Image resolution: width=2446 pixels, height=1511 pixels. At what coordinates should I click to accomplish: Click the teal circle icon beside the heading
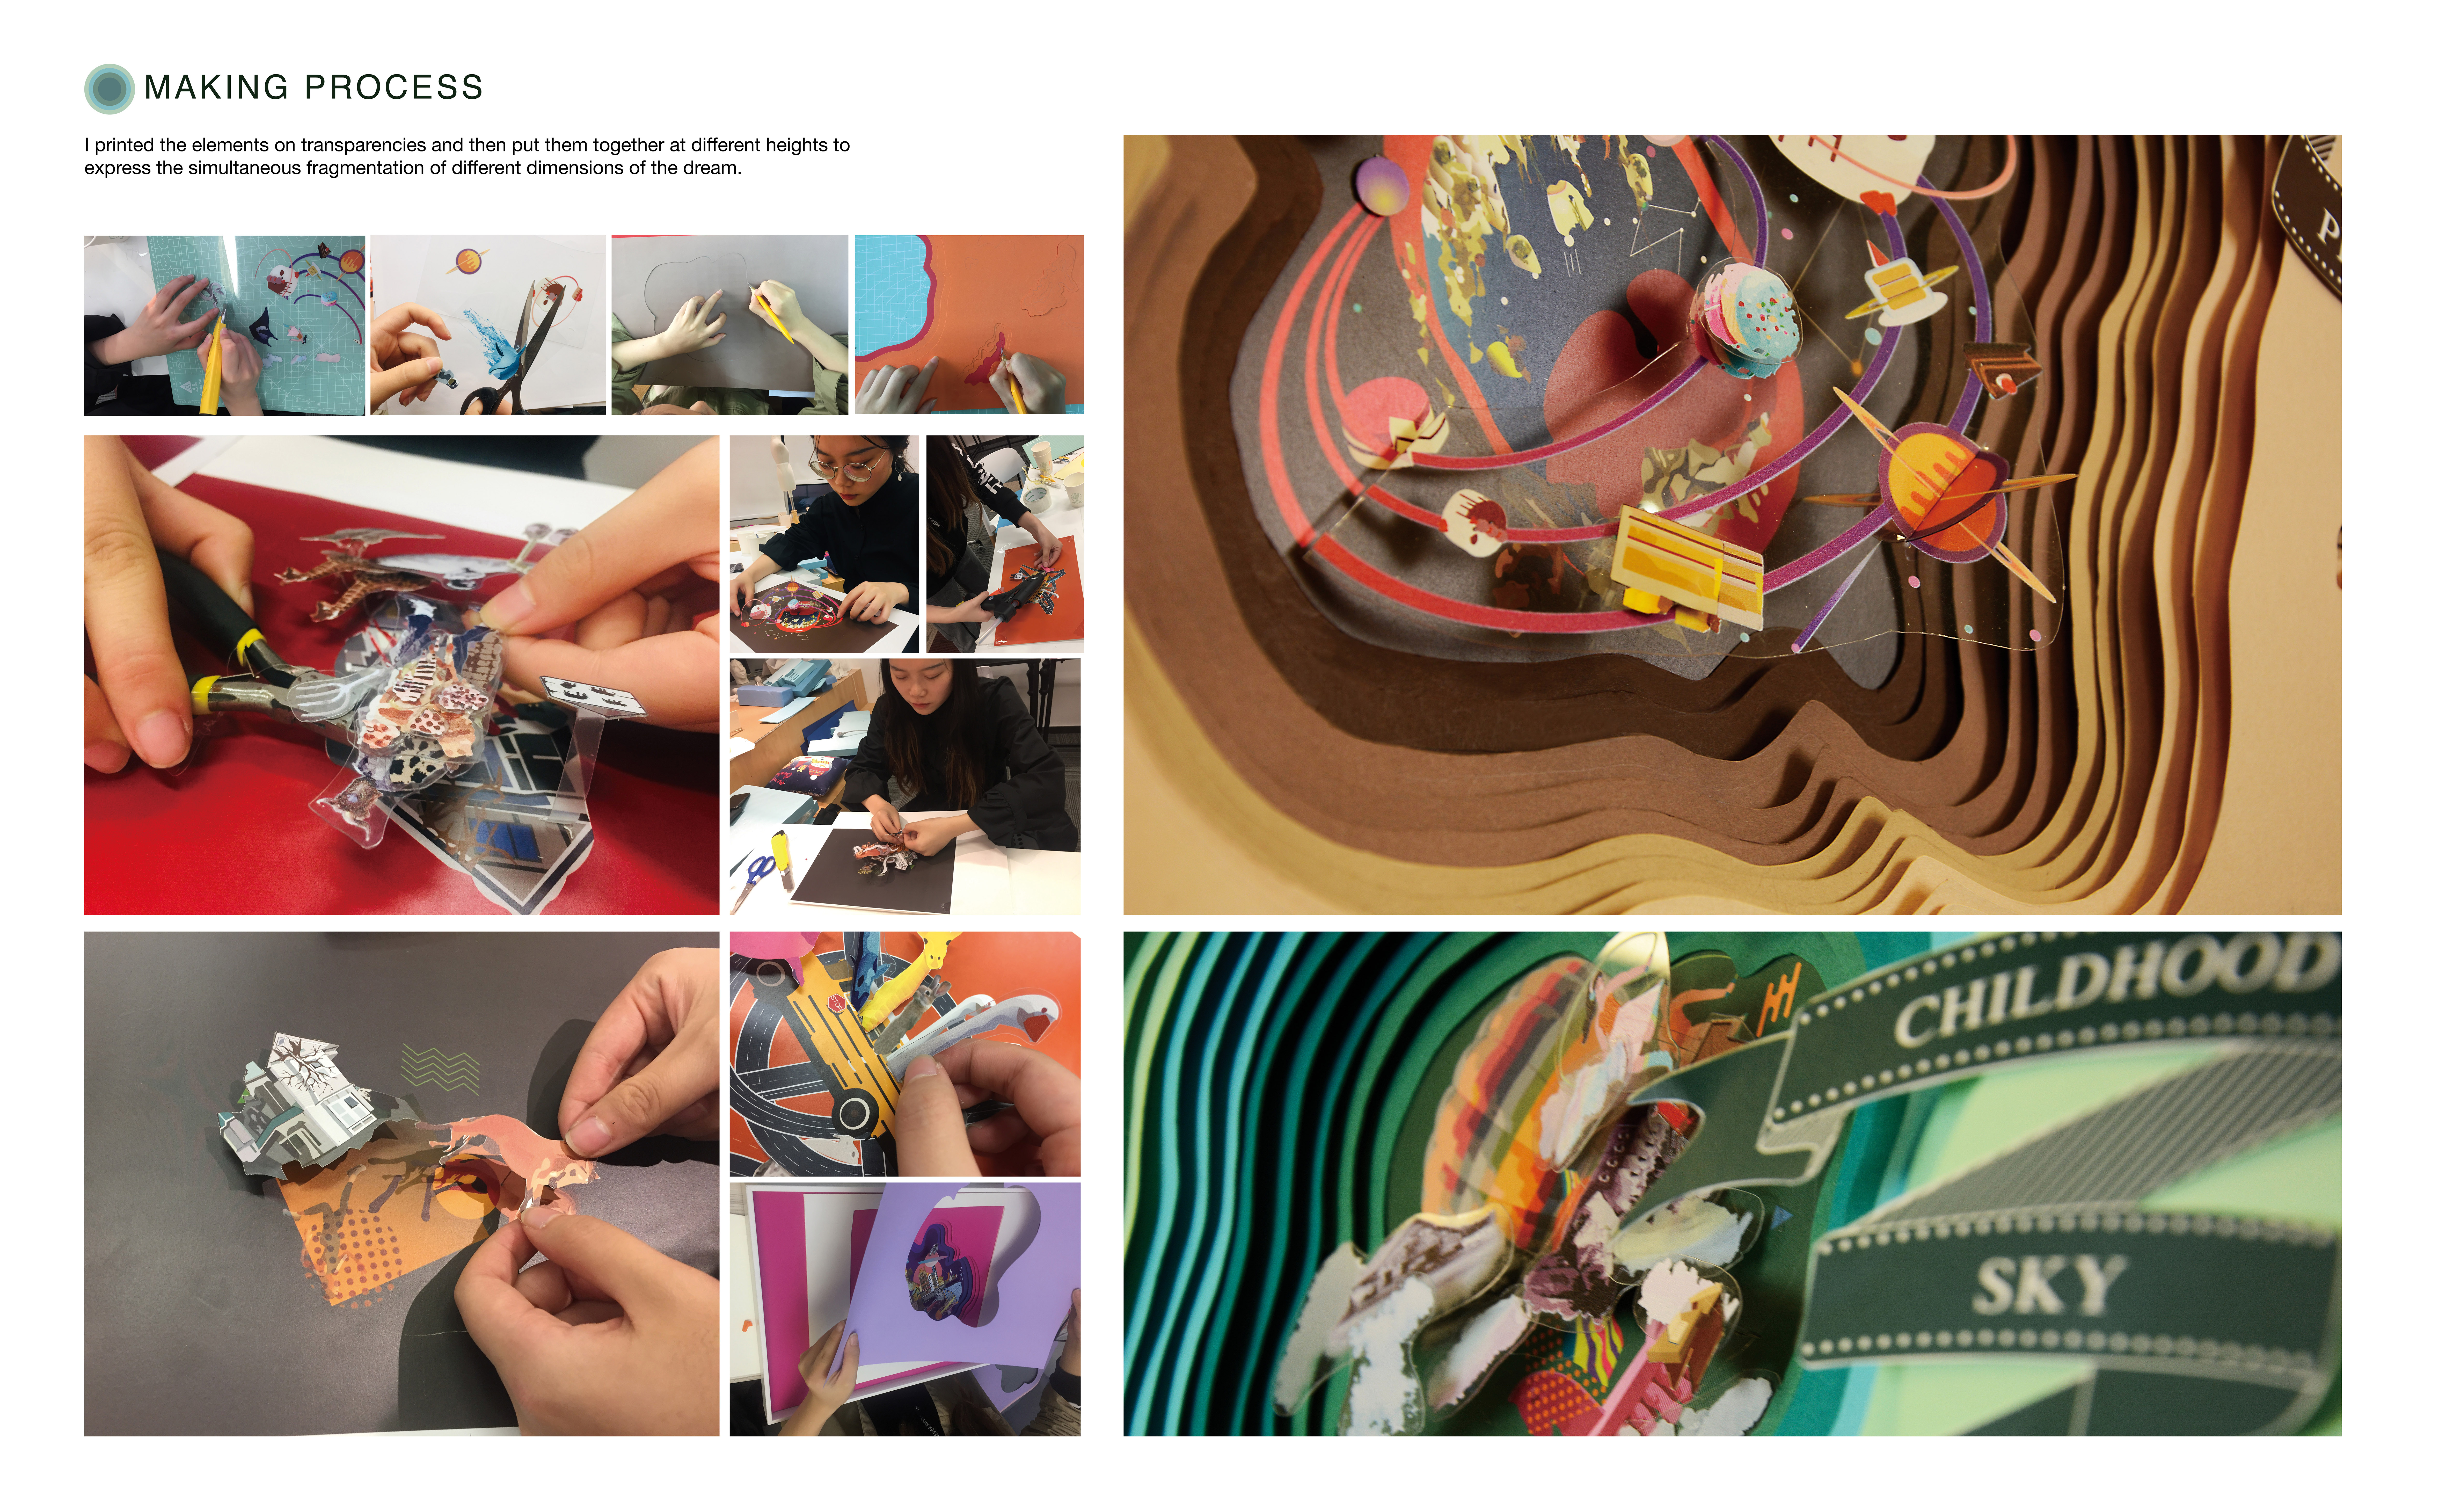[109, 89]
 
